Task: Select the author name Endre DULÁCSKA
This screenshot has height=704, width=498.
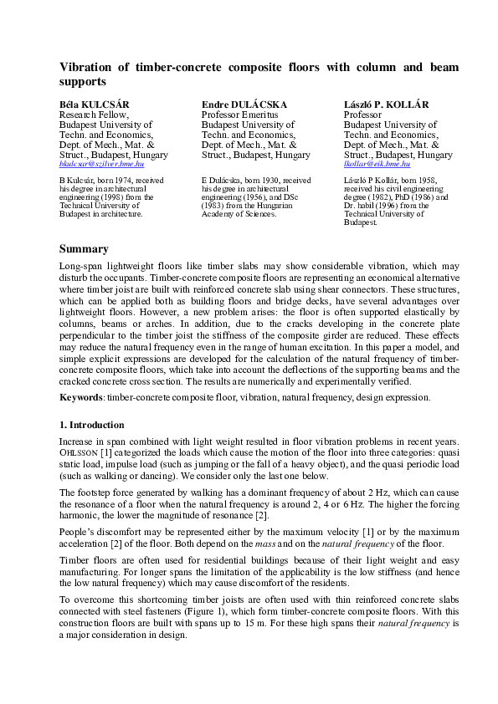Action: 244,105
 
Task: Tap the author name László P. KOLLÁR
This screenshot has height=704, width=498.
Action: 386,105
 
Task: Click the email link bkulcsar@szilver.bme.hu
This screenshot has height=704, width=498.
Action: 101,166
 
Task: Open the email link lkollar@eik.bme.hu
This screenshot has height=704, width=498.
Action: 377,166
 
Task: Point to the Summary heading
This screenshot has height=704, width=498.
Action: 84,249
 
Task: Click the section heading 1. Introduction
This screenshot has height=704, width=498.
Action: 91,425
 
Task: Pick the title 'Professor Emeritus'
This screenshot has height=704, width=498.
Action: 244,115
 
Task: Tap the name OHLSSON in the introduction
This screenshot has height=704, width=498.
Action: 78,452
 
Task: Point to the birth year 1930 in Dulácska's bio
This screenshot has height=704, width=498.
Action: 267,181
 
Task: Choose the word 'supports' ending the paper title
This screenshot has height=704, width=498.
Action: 83,82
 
